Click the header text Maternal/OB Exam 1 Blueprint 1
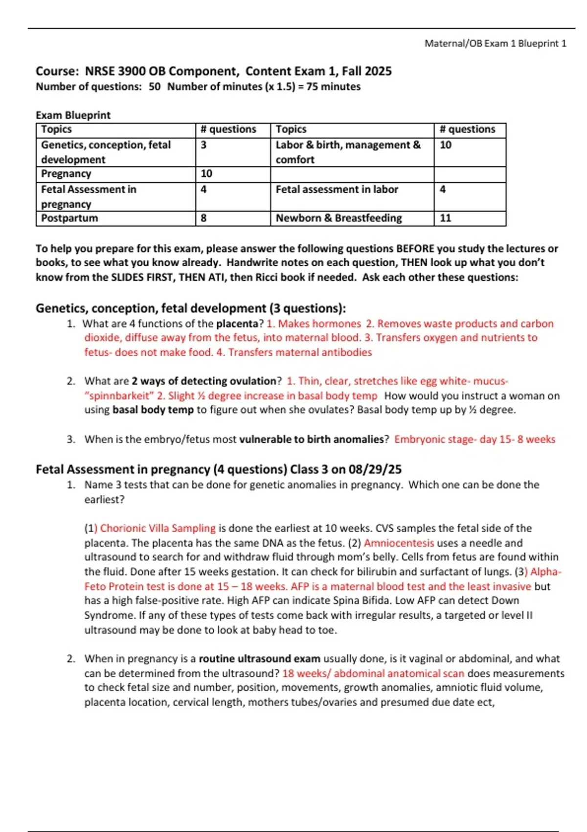coord(495,44)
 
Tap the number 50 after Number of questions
coord(155,87)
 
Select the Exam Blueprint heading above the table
coord(73,115)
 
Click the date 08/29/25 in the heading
coord(375,469)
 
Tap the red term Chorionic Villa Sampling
coord(158,528)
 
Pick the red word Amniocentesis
coord(399,543)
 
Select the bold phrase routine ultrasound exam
coord(259,659)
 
